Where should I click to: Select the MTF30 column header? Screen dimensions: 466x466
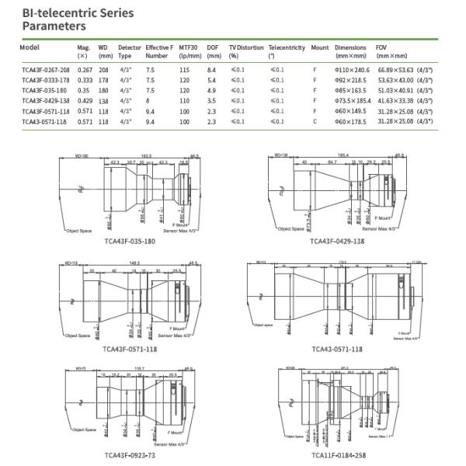190,51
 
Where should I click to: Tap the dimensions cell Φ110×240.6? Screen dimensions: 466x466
352,70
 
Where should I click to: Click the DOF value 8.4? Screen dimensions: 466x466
212,70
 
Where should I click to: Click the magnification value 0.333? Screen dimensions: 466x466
85,80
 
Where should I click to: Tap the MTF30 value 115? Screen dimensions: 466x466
184,70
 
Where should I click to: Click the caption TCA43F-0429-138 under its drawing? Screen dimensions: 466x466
336,241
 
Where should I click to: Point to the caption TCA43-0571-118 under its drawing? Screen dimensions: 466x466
336,349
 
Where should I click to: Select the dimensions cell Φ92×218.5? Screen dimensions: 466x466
350,80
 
